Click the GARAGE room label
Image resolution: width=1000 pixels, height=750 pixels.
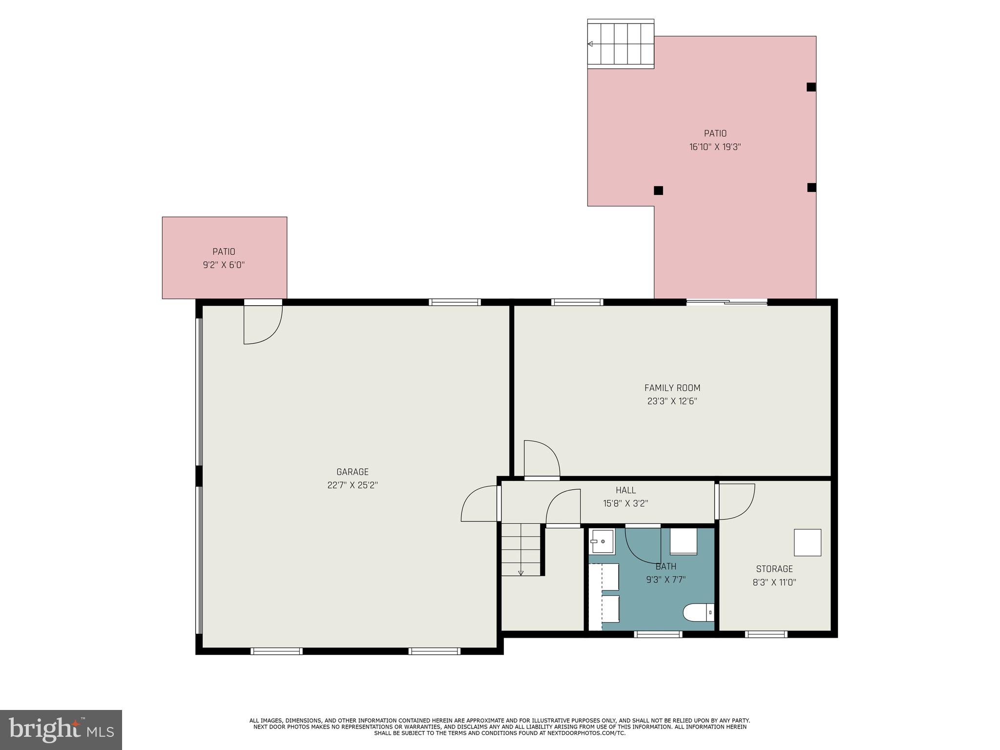click(x=352, y=472)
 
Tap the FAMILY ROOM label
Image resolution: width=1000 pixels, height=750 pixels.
click(x=672, y=388)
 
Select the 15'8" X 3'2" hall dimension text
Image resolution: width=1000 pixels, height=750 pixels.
click(x=625, y=503)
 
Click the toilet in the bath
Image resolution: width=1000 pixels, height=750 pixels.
click(x=698, y=612)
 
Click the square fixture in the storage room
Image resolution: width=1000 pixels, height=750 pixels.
click(x=807, y=542)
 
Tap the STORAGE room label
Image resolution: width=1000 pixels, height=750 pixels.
click(x=774, y=569)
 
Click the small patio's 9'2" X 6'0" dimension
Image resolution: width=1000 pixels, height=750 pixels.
click(x=224, y=265)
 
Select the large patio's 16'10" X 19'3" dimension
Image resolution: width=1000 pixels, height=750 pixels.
click(x=715, y=147)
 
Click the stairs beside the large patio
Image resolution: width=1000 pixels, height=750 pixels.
click(x=621, y=44)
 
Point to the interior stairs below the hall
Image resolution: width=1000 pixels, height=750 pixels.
click(x=521, y=549)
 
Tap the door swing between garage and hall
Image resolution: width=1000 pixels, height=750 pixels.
click(x=480, y=504)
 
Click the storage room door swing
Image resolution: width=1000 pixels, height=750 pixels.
click(x=735, y=501)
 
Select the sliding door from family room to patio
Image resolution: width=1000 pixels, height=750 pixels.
click(x=727, y=302)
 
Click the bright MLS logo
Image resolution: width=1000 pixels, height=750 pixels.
click(x=61, y=729)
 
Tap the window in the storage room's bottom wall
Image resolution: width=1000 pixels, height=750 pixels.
click(x=766, y=634)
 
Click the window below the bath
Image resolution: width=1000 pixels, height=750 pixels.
click(x=658, y=634)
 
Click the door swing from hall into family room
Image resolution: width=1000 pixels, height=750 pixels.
click(x=541, y=459)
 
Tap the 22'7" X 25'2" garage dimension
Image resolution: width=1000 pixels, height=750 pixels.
click(x=352, y=485)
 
